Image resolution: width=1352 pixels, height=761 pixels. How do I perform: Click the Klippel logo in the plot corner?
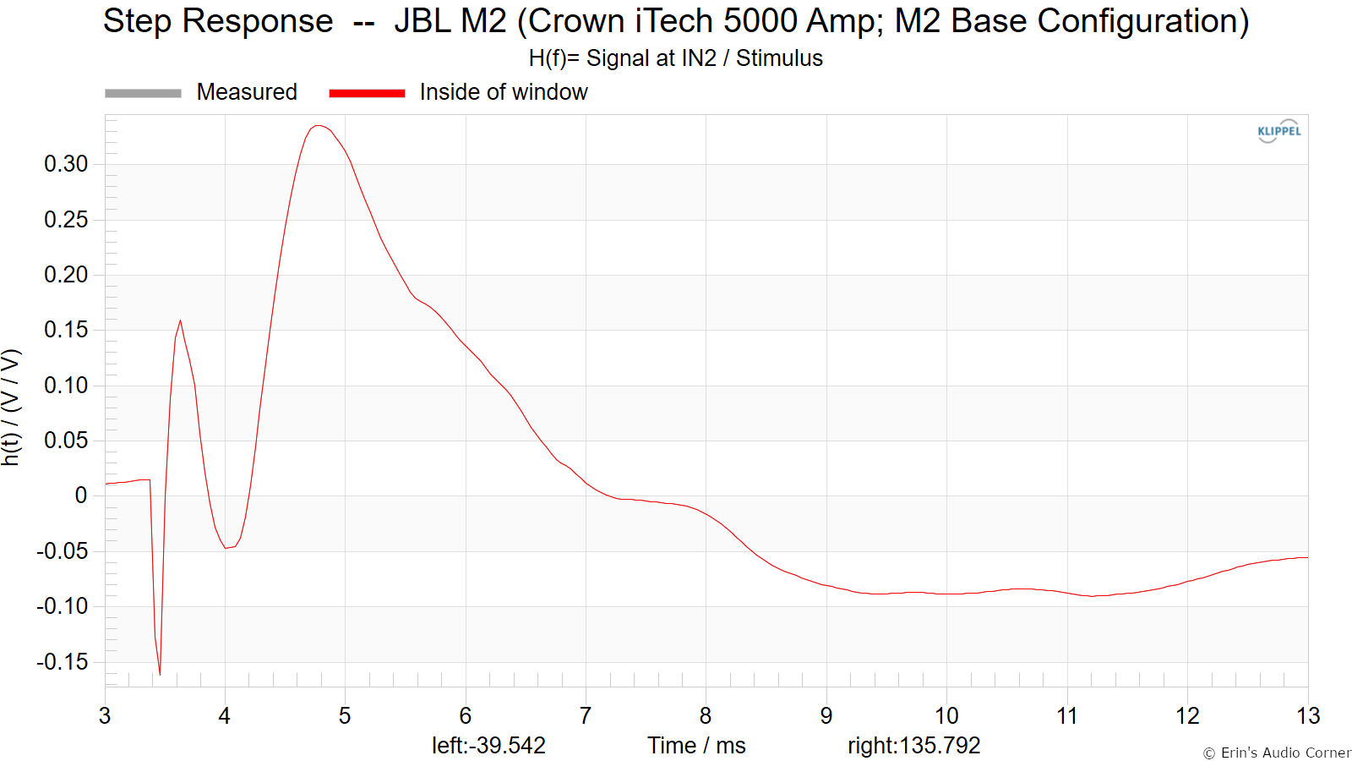[1278, 131]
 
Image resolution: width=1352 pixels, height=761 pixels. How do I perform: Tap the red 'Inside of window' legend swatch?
[367, 93]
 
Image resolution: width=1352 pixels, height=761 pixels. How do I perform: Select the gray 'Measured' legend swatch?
[143, 93]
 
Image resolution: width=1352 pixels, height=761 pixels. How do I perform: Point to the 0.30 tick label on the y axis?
[66, 164]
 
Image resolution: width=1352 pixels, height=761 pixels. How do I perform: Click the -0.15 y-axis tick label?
[63, 662]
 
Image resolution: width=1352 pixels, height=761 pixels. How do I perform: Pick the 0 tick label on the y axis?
[81, 495]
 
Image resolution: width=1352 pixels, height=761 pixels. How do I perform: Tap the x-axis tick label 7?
[585, 716]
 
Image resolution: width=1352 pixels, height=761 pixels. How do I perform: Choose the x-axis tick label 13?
[1307, 716]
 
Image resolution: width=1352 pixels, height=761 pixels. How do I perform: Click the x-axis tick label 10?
[946, 716]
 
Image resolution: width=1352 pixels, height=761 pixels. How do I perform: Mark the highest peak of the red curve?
[318, 126]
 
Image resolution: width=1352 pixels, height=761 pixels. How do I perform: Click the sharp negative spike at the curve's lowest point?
[160, 674]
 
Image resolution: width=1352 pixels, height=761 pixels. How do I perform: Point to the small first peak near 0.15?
[180, 320]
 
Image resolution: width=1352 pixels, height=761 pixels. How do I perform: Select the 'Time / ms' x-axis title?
[696, 746]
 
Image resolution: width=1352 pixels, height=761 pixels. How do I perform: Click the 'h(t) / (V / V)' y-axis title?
[10, 407]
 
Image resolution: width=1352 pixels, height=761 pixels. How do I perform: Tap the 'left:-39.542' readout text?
[488, 746]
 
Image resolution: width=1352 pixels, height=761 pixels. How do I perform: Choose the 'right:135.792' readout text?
[913, 746]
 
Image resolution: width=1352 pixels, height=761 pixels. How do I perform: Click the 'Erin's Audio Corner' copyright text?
[1277, 753]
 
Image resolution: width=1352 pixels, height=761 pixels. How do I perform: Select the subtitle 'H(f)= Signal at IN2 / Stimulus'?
[675, 58]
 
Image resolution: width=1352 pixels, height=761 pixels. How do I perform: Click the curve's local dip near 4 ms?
[226, 548]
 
